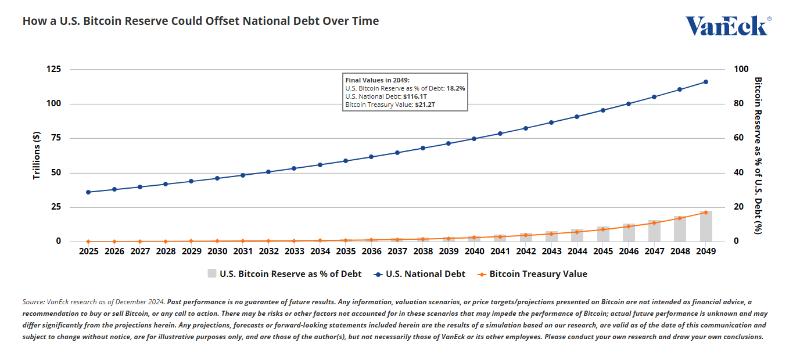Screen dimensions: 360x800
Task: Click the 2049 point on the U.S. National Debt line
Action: [x=705, y=82]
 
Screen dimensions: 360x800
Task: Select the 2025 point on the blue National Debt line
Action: [x=88, y=192]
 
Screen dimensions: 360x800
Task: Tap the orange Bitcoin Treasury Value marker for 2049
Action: [x=705, y=213]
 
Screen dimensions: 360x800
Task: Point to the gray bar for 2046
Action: [x=629, y=232]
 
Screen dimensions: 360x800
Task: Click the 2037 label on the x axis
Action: [x=397, y=251]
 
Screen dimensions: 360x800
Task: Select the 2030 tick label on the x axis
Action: [x=217, y=251]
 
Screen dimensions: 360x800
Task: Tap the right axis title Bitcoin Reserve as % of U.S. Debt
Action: [x=757, y=155]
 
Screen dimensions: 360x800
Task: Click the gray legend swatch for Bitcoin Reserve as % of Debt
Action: [x=212, y=273]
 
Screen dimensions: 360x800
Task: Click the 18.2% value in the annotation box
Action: [x=455, y=88]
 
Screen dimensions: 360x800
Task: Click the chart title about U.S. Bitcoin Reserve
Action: [x=200, y=21]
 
